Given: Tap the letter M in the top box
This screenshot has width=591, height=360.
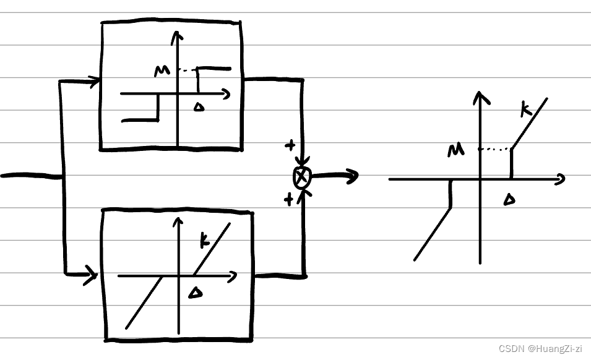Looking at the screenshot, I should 162,71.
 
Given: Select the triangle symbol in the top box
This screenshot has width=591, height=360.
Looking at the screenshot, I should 199,107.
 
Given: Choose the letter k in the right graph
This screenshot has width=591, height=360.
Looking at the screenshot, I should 525,111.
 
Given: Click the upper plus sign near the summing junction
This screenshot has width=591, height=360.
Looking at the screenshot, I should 289,146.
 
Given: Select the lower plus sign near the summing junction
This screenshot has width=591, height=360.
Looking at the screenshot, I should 288,199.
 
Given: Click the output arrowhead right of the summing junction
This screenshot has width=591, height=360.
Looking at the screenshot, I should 353,177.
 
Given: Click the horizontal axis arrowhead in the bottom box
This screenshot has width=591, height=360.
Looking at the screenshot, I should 233,276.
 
